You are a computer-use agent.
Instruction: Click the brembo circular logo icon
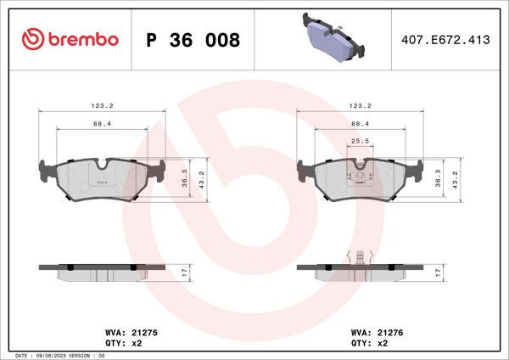click(x=31, y=40)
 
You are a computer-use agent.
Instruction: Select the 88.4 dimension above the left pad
click(x=103, y=124)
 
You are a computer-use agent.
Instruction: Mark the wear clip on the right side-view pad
click(x=362, y=257)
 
